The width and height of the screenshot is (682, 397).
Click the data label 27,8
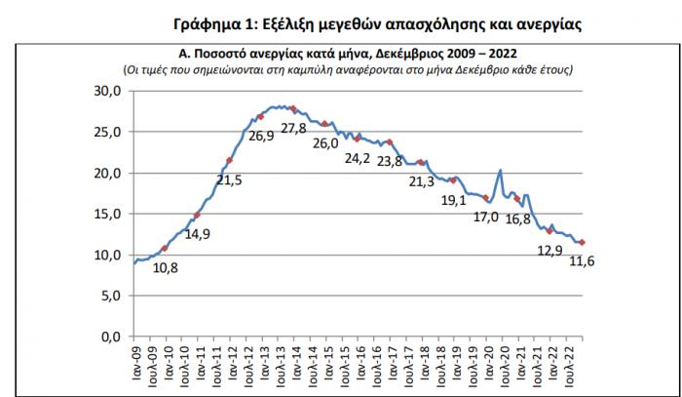point(293,128)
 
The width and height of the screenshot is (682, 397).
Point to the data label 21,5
point(230,180)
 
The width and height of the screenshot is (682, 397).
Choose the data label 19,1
point(455,201)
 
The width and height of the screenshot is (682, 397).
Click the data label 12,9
point(551,250)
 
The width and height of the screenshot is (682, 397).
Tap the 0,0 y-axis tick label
point(107,337)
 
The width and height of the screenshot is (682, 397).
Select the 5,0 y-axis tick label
point(107,296)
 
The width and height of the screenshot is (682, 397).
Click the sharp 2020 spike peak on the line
point(500,171)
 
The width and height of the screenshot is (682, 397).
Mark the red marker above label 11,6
point(582,243)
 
